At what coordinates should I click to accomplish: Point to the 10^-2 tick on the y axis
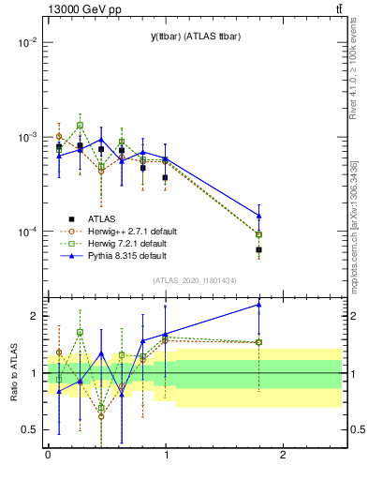[x=24, y=43]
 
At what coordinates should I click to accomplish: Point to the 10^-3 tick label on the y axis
[x=24, y=137]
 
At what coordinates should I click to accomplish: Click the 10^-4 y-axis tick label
[x=24, y=232]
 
